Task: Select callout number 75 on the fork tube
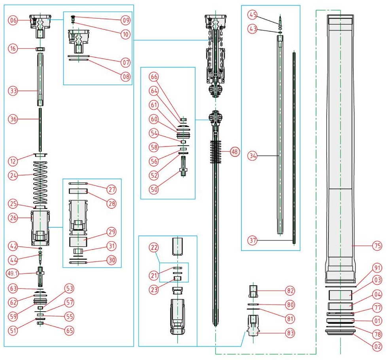pos(376,246)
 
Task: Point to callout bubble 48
pos(235,152)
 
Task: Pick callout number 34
pos(252,156)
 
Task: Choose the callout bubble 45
pos(252,15)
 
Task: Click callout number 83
pos(290,333)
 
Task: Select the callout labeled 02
pos(377,346)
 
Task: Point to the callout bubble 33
pos(13,91)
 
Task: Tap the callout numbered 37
pos(252,240)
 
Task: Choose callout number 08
pos(126,76)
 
